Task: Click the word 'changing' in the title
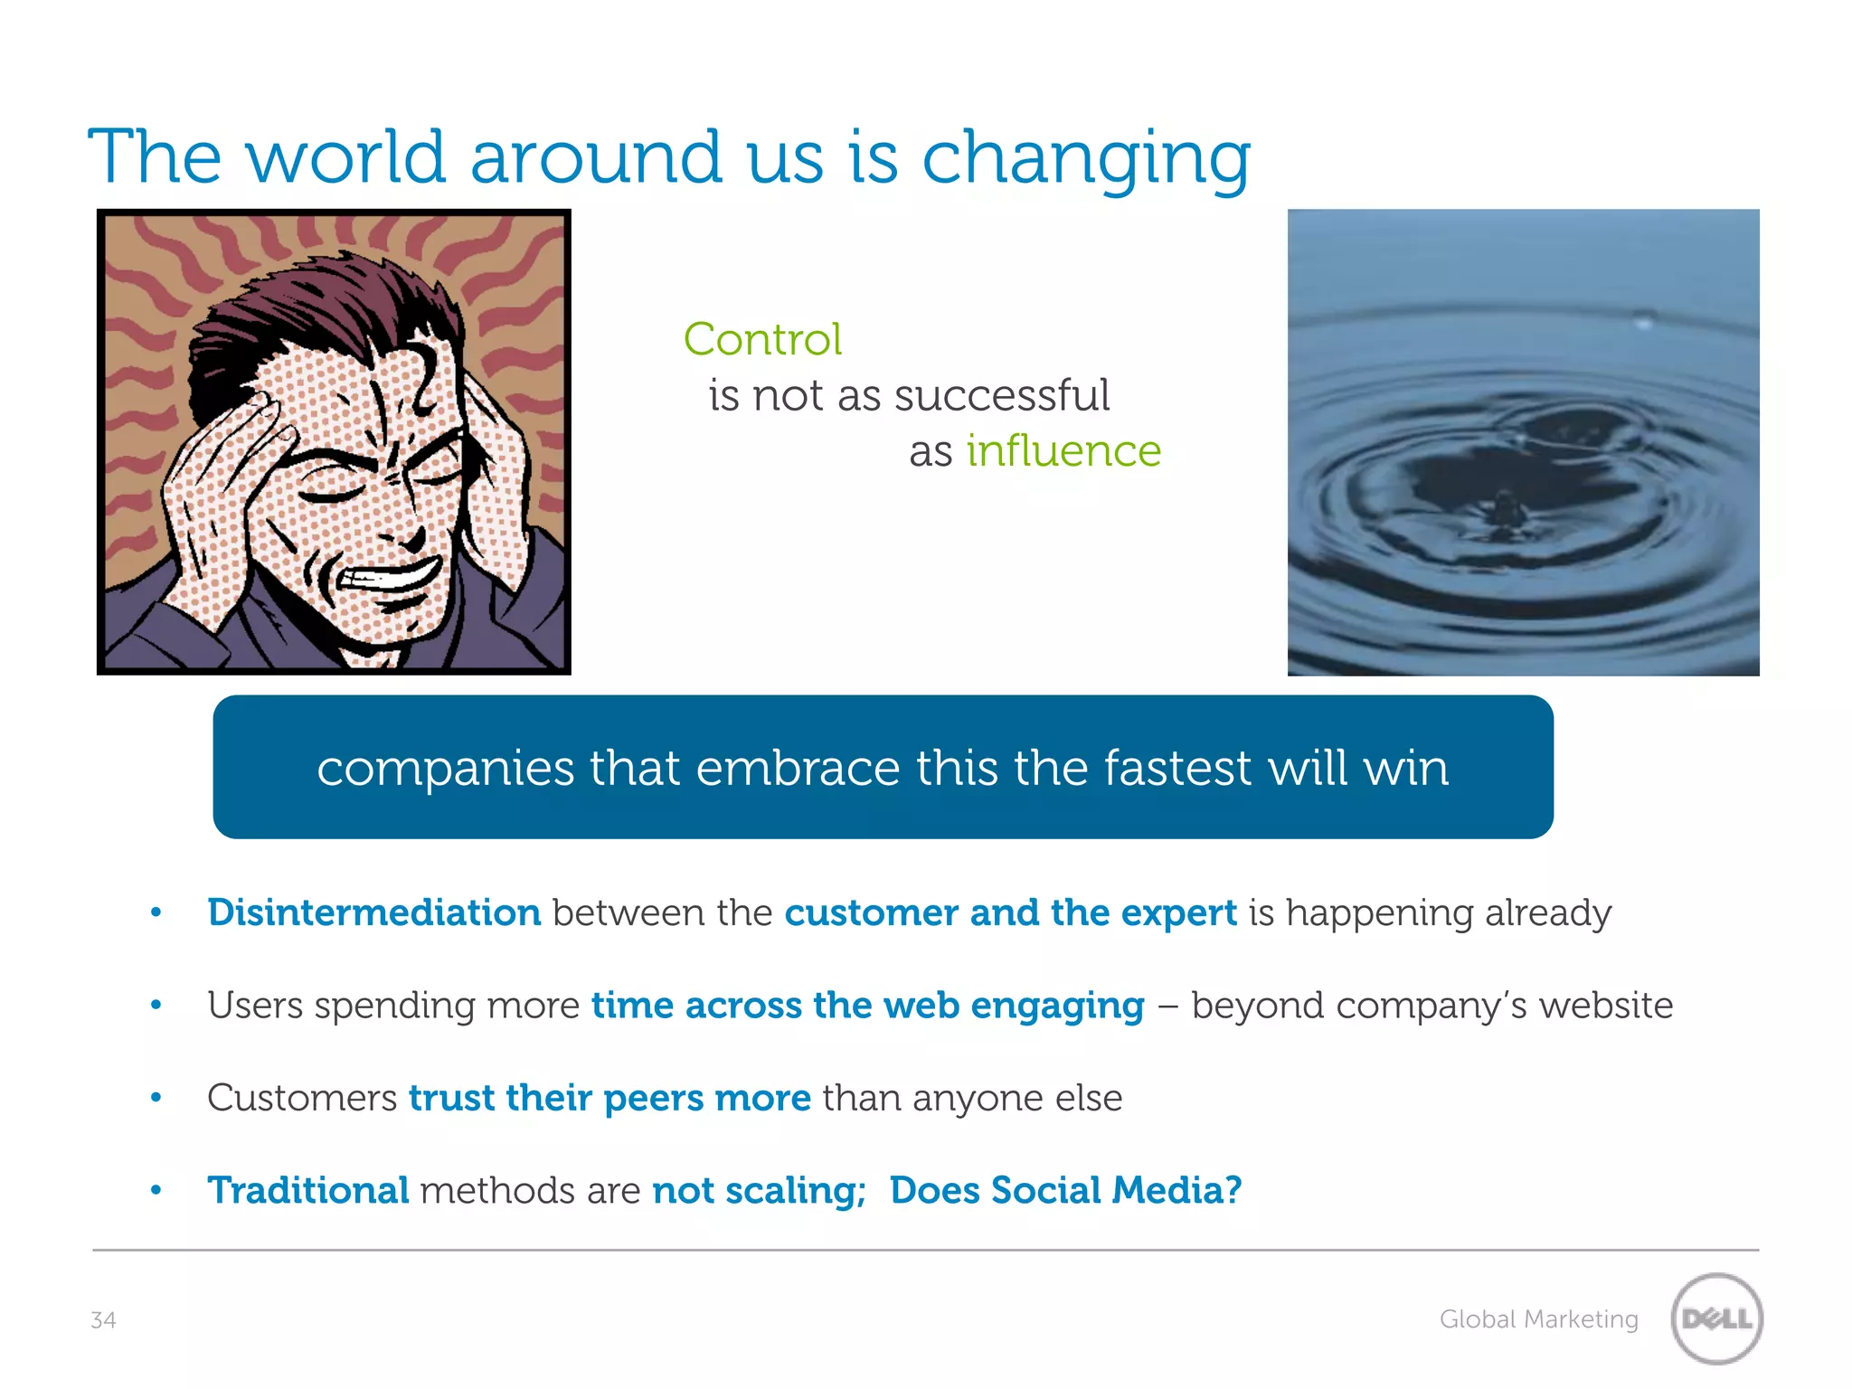(x=1085, y=158)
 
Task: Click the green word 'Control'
(x=762, y=340)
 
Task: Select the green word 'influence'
(x=1063, y=451)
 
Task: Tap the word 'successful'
(x=1001, y=396)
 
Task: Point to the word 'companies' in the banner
(x=445, y=770)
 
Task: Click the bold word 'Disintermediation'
(x=373, y=912)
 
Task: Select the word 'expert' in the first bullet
(x=1178, y=913)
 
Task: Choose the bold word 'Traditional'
(x=308, y=1190)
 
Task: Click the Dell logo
(x=1716, y=1318)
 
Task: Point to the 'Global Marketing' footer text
(x=1538, y=1319)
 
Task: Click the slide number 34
(x=103, y=1320)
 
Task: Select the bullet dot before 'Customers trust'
(x=156, y=1098)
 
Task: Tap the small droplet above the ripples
(x=1644, y=320)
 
